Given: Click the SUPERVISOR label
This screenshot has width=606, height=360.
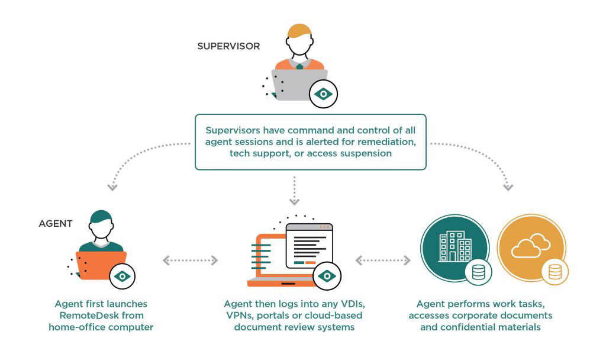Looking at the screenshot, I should tap(228, 46).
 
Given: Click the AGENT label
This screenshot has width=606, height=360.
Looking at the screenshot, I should tap(56, 224).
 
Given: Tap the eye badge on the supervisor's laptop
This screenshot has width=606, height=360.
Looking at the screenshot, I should tap(324, 94).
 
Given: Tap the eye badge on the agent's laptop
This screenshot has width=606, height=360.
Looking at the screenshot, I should tap(123, 275).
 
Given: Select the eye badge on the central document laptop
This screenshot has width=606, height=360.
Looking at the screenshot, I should tap(326, 276).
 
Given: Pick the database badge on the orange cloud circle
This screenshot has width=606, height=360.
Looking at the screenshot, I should tap(555, 272).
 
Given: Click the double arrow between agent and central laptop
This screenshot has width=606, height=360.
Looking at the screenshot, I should tap(190, 260).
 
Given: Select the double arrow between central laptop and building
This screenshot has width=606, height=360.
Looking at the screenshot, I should tap(383, 260).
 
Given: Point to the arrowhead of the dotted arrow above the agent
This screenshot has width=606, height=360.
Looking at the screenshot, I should tap(112, 188).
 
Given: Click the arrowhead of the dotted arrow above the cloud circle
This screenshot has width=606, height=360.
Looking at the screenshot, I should tap(507, 188).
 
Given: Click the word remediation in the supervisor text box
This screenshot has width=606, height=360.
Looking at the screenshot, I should tap(385, 142).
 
